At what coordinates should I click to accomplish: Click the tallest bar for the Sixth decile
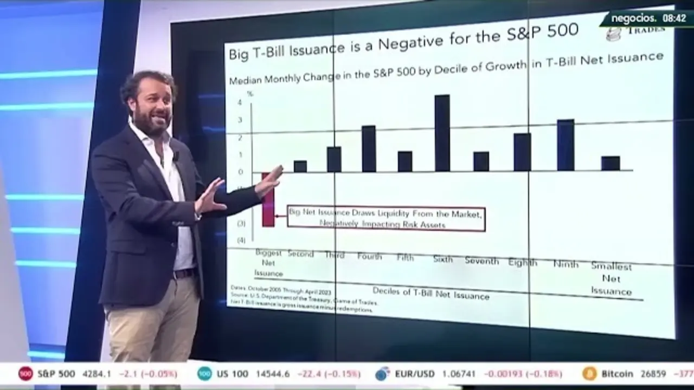pos(442,133)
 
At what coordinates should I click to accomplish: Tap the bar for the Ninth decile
pos(565,145)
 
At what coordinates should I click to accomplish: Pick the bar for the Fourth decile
pos(369,149)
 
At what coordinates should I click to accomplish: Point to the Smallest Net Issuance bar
pos(611,163)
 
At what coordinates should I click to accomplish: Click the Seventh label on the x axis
pos(481,261)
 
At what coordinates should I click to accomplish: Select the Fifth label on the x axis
pos(405,258)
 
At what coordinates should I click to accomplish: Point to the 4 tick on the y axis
pos(240,102)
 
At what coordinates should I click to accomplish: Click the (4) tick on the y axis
pos(241,240)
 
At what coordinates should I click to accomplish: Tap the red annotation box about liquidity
pos(385,219)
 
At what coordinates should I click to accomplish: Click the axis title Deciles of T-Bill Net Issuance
pos(430,294)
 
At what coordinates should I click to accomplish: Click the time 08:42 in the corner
pos(674,18)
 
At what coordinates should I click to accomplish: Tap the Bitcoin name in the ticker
pos(617,374)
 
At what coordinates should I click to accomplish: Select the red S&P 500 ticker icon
pos(25,374)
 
